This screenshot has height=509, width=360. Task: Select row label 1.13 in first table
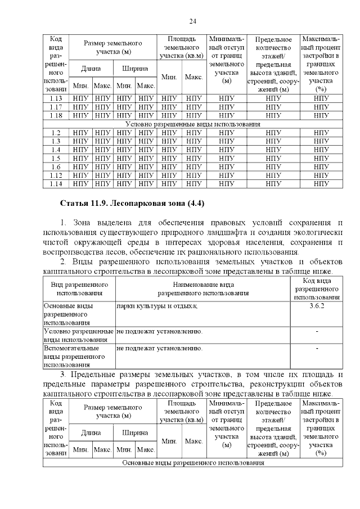55,98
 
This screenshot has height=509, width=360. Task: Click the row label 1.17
55,107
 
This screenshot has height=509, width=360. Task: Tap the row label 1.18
55,115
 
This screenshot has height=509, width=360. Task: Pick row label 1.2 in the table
55,133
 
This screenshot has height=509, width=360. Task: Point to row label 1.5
55,158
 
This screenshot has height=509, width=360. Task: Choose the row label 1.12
55,175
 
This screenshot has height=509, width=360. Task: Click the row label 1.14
55,183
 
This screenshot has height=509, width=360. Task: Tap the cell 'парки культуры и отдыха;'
157,305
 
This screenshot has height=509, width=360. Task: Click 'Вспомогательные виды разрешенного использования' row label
78,357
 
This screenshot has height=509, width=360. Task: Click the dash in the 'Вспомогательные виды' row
317,349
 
